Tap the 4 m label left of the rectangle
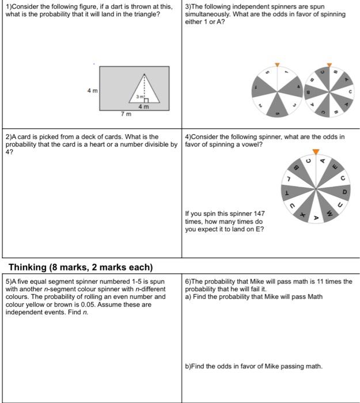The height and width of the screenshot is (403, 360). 92,90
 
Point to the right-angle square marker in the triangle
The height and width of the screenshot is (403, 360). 146,100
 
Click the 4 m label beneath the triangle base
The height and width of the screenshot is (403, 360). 143,107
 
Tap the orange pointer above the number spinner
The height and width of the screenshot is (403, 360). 277,64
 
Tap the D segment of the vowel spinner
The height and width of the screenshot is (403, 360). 344,191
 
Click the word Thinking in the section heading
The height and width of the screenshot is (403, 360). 30,267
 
